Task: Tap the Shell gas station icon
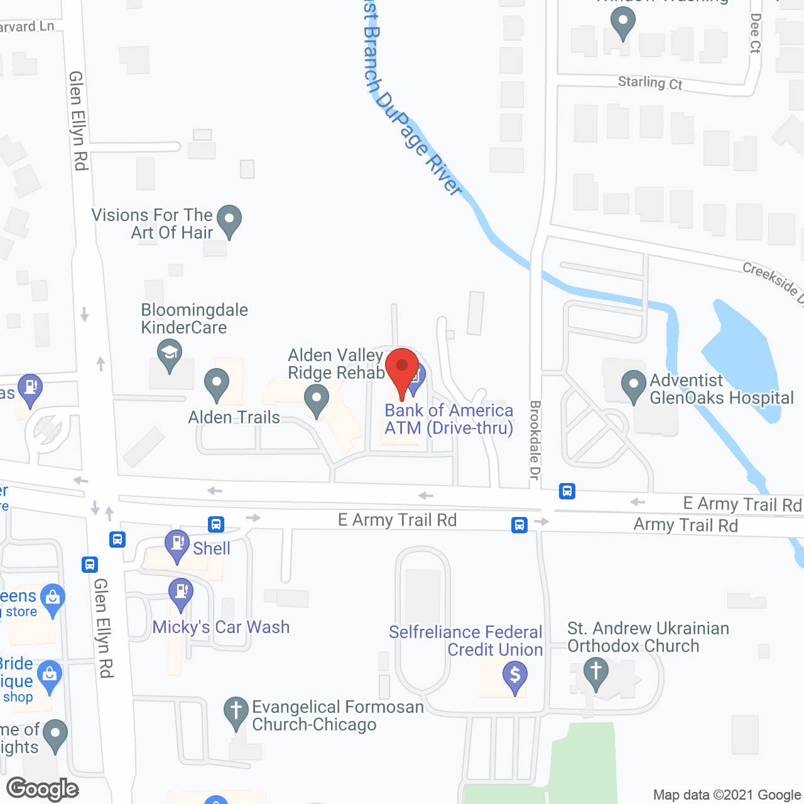(x=177, y=544)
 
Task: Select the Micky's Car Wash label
(x=221, y=627)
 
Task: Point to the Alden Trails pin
(x=217, y=384)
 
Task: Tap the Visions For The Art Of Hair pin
(x=229, y=220)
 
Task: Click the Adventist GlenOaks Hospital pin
(x=633, y=385)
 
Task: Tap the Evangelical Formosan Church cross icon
(x=236, y=712)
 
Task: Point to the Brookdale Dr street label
(x=535, y=440)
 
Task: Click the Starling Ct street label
(x=650, y=83)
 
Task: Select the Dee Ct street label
(x=755, y=33)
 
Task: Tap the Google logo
(x=43, y=789)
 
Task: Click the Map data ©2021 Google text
(x=727, y=795)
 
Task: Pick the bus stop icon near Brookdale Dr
(x=567, y=491)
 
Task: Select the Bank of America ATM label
(x=448, y=419)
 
